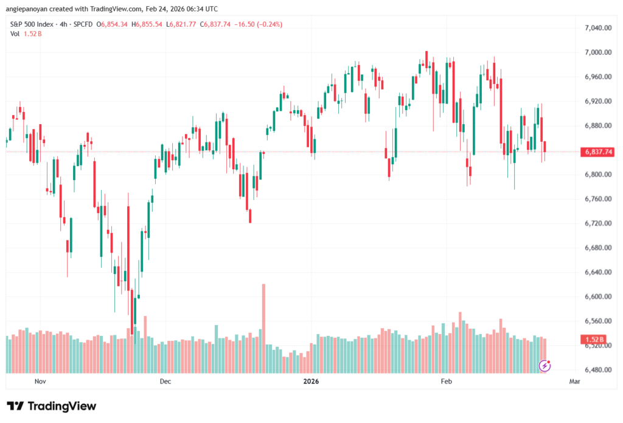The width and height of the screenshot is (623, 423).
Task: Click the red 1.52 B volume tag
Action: pyautogui.click(x=593, y=339)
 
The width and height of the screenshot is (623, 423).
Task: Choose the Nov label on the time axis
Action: pyautogui.click(x=40, y=382)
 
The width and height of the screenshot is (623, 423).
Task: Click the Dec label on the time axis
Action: pyautogui.click(x=165, y=382)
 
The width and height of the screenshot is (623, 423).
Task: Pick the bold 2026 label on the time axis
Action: pyautogui.click(x=311, y=382)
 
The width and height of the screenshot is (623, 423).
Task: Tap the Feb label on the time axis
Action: pyautogui.click(x=446, y=382)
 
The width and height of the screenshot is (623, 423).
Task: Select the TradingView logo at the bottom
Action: pyautogui.click(x=51, y=406)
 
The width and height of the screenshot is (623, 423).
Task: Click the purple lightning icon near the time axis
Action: pyautogui.click(x=546, y=365)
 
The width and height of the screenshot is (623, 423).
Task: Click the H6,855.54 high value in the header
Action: pyautogui.click(x=150, y=24)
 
